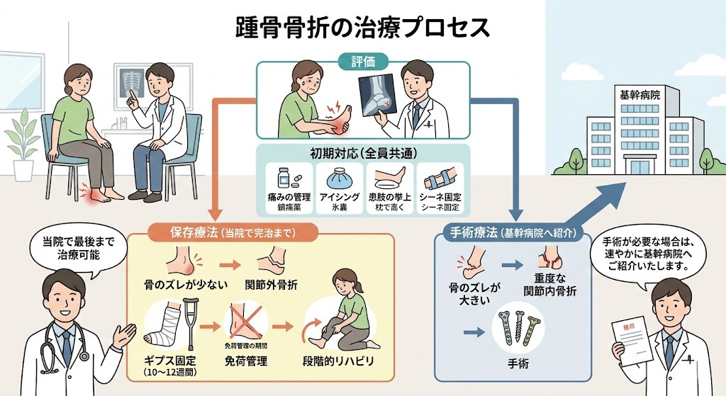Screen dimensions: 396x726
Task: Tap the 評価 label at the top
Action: click(x=362, y=62)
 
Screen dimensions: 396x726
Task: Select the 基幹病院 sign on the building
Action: click(x=620, y=95)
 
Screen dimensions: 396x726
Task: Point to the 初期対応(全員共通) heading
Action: click(x=362, y=152)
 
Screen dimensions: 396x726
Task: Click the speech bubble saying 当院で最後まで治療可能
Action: click(x=77, y=248)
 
